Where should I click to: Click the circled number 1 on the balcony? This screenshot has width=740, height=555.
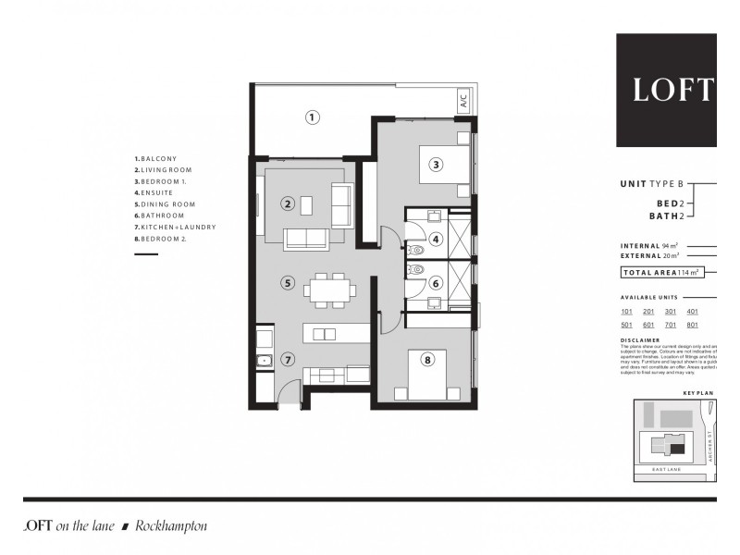pos(313,117)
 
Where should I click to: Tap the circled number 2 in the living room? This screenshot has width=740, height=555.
pos(289,203)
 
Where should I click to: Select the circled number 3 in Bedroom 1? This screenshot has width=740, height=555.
pos(435,166)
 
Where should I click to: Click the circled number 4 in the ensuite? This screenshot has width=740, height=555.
pos(435,240)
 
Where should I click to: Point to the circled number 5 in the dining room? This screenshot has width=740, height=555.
pos(289,283)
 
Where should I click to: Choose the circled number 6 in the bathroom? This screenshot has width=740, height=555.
pos(435,284)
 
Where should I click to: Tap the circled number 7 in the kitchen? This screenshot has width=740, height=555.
pos(289,360)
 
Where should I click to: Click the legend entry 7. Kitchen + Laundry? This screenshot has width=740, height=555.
pos(175,227)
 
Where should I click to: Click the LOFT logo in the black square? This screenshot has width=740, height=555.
pos(672,90)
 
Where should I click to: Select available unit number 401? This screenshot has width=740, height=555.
pos(693,313)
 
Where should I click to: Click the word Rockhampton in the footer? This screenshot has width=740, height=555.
pos(171,526)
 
